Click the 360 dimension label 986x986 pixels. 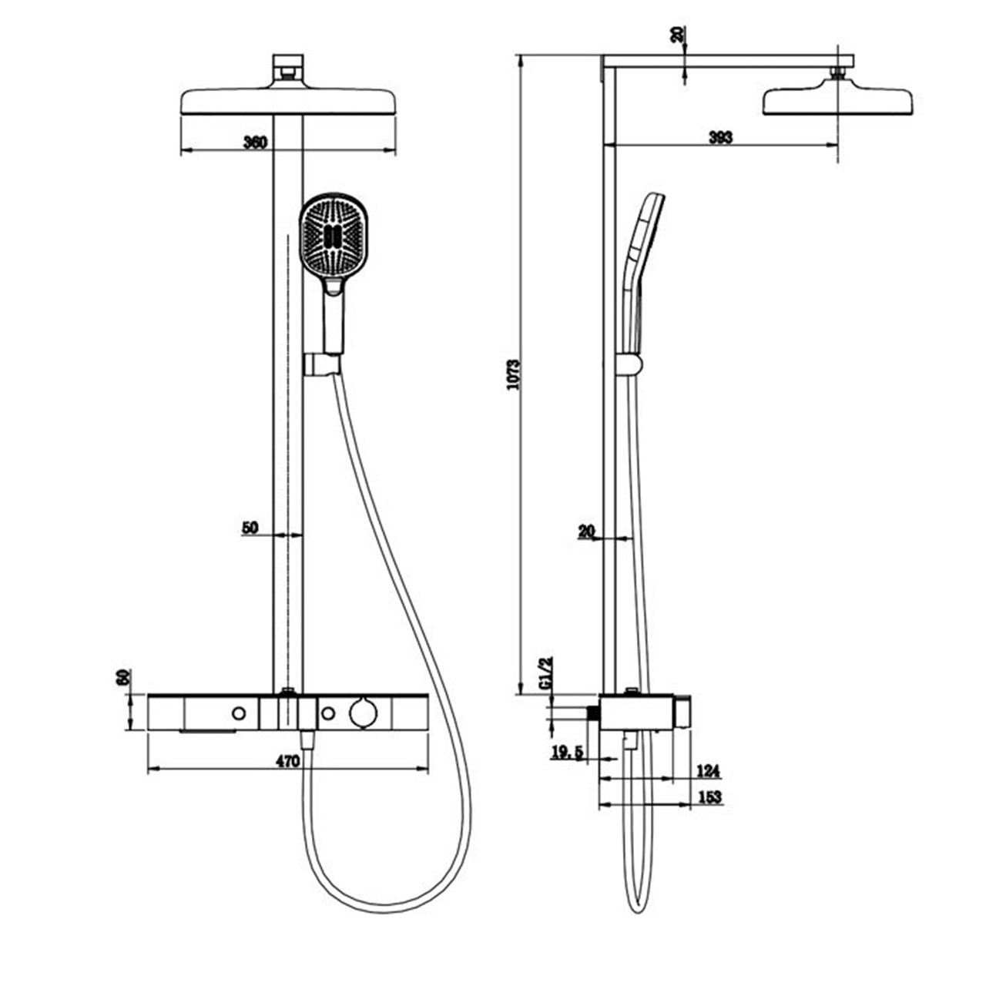[x=255, y=142]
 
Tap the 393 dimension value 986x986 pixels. [x=721, y=137]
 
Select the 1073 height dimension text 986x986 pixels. [x=513, y=374]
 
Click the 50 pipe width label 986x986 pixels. [x=250, y=528]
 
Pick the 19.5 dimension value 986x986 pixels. [x=568, y=752]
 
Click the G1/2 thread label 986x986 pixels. [x=546, y=674]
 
